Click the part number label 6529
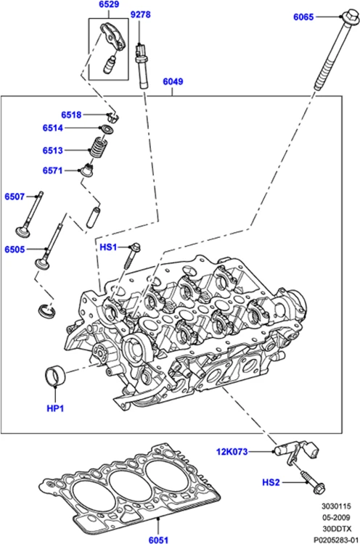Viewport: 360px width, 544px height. coord(109,6)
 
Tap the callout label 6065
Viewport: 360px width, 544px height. coord(303,16)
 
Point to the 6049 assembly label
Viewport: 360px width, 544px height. coord(172,83)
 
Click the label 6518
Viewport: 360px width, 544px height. coord(72,115)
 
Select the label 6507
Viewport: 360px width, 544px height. coord(15,197)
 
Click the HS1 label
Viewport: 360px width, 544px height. coord(108,248)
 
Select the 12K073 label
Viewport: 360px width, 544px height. coord(232,452)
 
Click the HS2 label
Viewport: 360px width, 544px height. coord(271,482)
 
